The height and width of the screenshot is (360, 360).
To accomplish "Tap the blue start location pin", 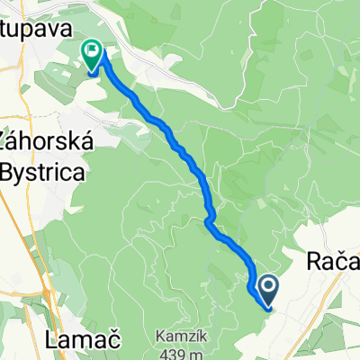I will pyautogui.click(x=269, y=290).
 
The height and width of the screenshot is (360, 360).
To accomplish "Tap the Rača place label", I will pyautogui.click(x=333, y=262).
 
